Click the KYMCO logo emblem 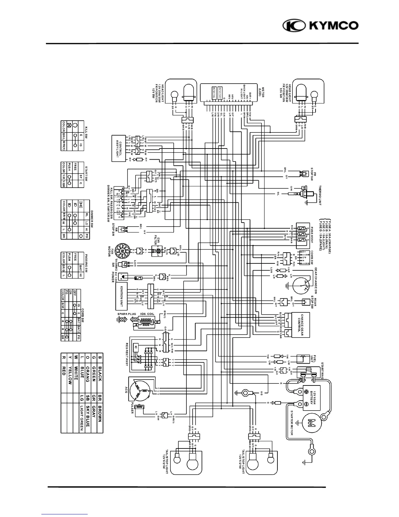pos(293,26)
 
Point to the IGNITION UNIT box pos(121,296)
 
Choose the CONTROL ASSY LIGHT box pos(120,148)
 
